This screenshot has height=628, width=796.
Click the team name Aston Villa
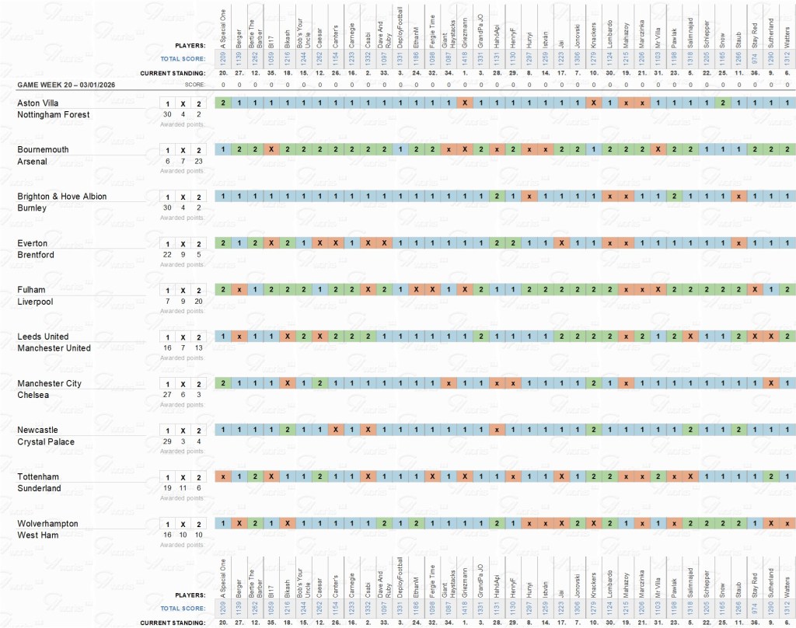coord(39,103)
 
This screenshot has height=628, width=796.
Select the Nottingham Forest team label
coord(54,115)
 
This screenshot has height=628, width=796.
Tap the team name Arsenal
coord(33,162)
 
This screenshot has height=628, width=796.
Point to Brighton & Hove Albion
coord(62,197)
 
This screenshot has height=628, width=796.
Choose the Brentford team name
coord(36,255)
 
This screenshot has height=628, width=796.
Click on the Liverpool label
coord(36,302)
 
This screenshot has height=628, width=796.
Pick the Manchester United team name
coord(54,348)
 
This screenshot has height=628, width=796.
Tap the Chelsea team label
coord(33,395)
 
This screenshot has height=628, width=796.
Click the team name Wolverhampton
coord(48,524)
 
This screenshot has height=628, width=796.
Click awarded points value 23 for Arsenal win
coord(198,161)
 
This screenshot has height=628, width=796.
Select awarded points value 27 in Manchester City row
coord(167,395)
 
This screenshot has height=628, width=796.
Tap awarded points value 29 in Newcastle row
coord(167,441)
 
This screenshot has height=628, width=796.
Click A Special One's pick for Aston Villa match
coord(223,103)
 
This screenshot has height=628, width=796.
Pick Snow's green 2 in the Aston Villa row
coord(723,103)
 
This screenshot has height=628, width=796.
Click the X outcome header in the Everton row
coord(183,244)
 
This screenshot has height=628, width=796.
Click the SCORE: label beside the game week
coord(194,84)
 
